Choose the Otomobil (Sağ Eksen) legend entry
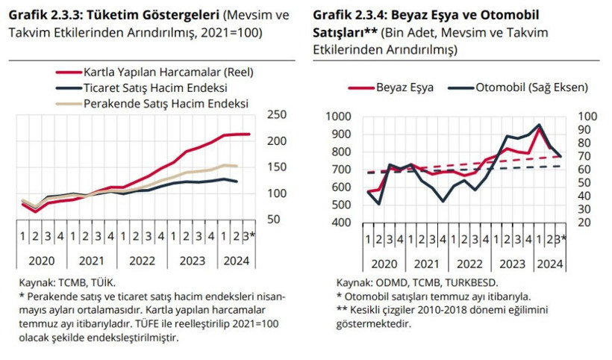click(531, 87)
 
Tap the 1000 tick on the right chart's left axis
click(339, 116)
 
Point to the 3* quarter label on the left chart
click(252, 238)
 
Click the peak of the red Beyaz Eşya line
click(539, 128)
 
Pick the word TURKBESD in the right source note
click(470, 284)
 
